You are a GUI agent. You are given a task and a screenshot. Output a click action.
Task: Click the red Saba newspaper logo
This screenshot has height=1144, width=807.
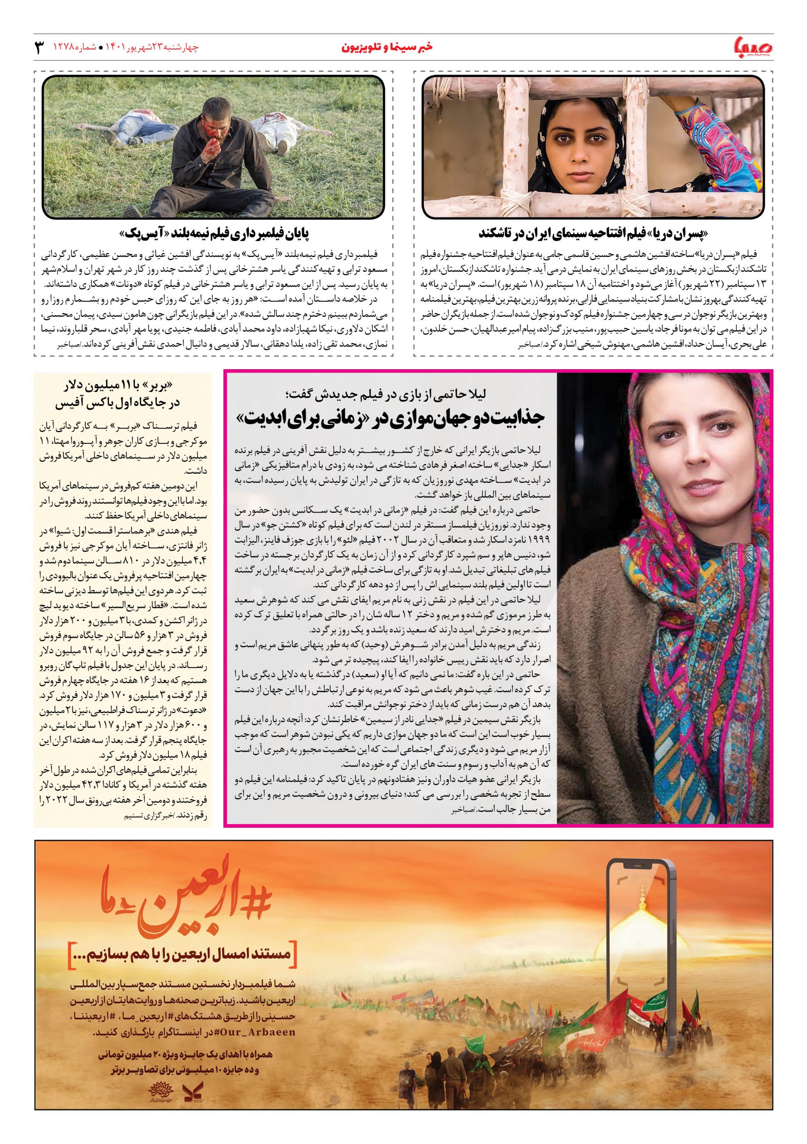[748, 48]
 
